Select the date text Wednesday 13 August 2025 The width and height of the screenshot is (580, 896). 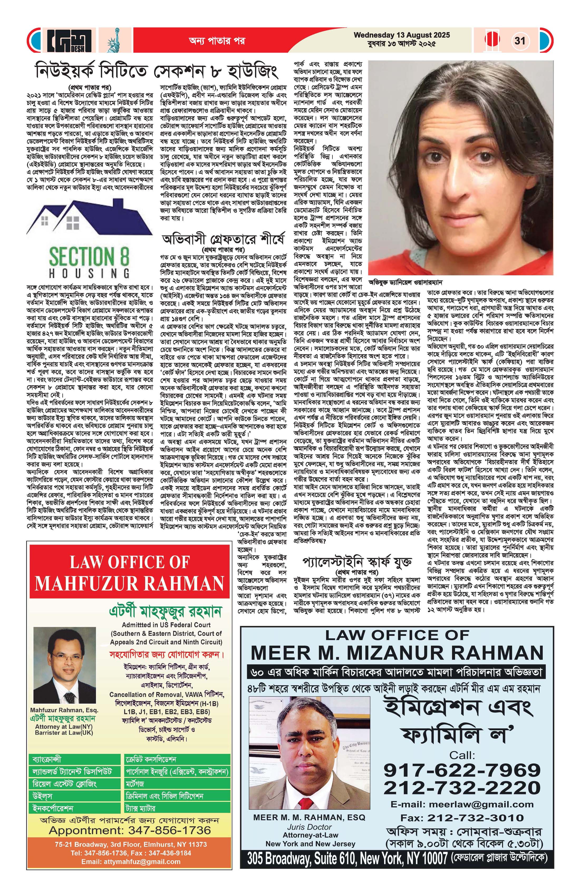[x=402, y=35]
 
